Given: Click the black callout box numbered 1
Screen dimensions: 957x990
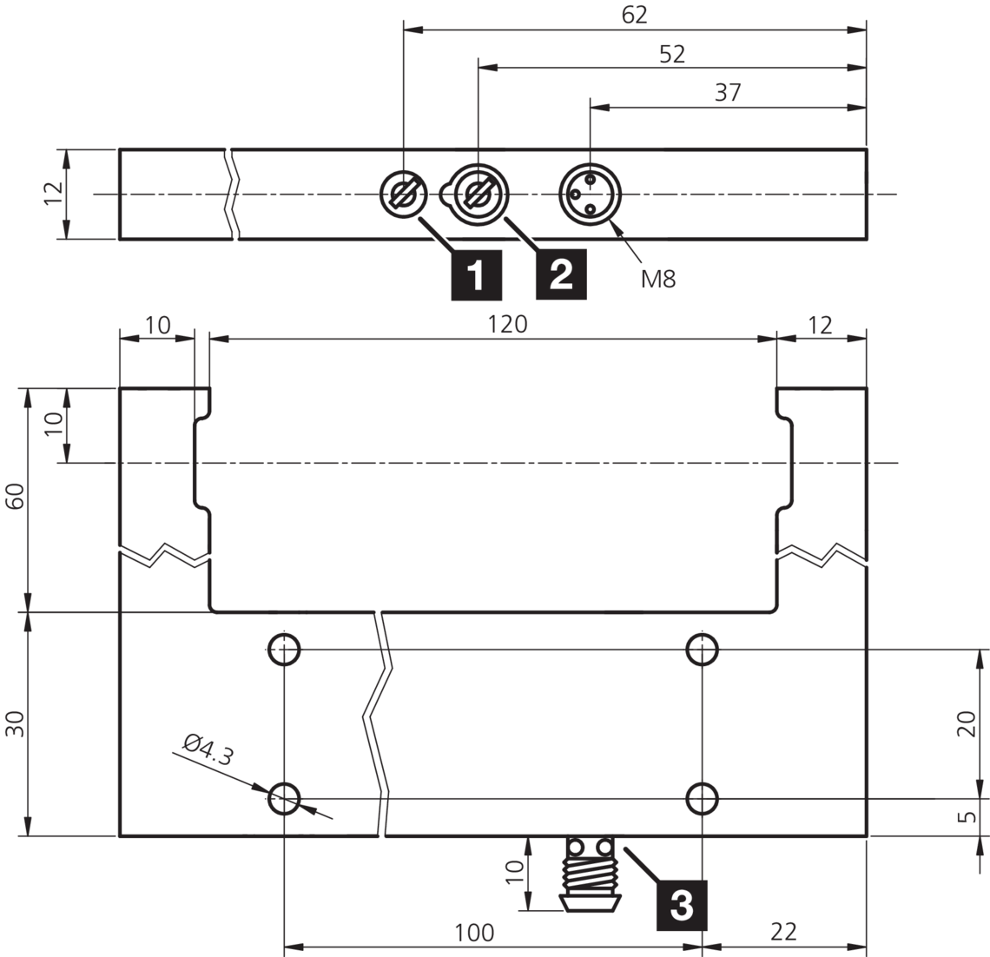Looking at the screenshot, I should coord(476,275).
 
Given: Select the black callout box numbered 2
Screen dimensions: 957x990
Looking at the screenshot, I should coord(561,275).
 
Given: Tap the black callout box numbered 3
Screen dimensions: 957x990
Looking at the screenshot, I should coord(681,905).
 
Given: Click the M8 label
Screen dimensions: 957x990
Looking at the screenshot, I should coord(658,279).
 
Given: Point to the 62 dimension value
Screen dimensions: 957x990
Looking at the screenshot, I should coord(635,16).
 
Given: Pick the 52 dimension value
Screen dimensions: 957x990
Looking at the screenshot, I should coord(672,54).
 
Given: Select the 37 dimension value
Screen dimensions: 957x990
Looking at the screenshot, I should coord(728,92).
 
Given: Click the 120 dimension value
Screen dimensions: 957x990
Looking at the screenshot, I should coord(508,324).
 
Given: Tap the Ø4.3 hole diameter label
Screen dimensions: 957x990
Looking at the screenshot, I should coord(208,750).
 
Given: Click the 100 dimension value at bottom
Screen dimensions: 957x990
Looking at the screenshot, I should coord(475,933).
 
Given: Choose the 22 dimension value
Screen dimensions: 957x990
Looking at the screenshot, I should coord(783,933).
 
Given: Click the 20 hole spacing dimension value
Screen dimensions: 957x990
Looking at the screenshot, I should coord(971,723).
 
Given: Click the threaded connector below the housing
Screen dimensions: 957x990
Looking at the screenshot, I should coord(590,873).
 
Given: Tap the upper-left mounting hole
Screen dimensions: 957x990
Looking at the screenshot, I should coord(284,648).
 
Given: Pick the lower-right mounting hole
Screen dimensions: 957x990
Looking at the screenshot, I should coord(701,797).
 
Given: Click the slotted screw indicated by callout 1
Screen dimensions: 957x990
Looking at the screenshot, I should coord(404,194).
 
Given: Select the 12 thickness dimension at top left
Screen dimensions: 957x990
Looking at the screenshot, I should coord(52,194).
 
